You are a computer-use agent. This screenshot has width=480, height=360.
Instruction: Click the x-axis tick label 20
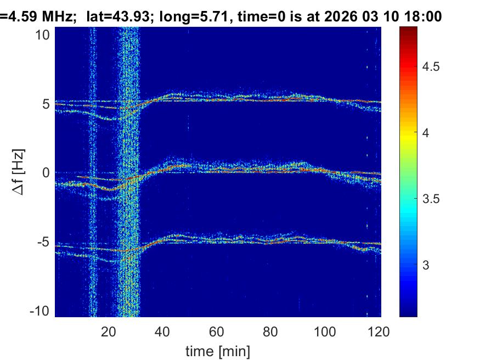(x=109, y=331)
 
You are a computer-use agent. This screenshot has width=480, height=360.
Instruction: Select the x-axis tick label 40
(x=162, y=331)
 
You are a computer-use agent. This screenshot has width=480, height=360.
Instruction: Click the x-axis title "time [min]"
(x=218, y=350)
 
